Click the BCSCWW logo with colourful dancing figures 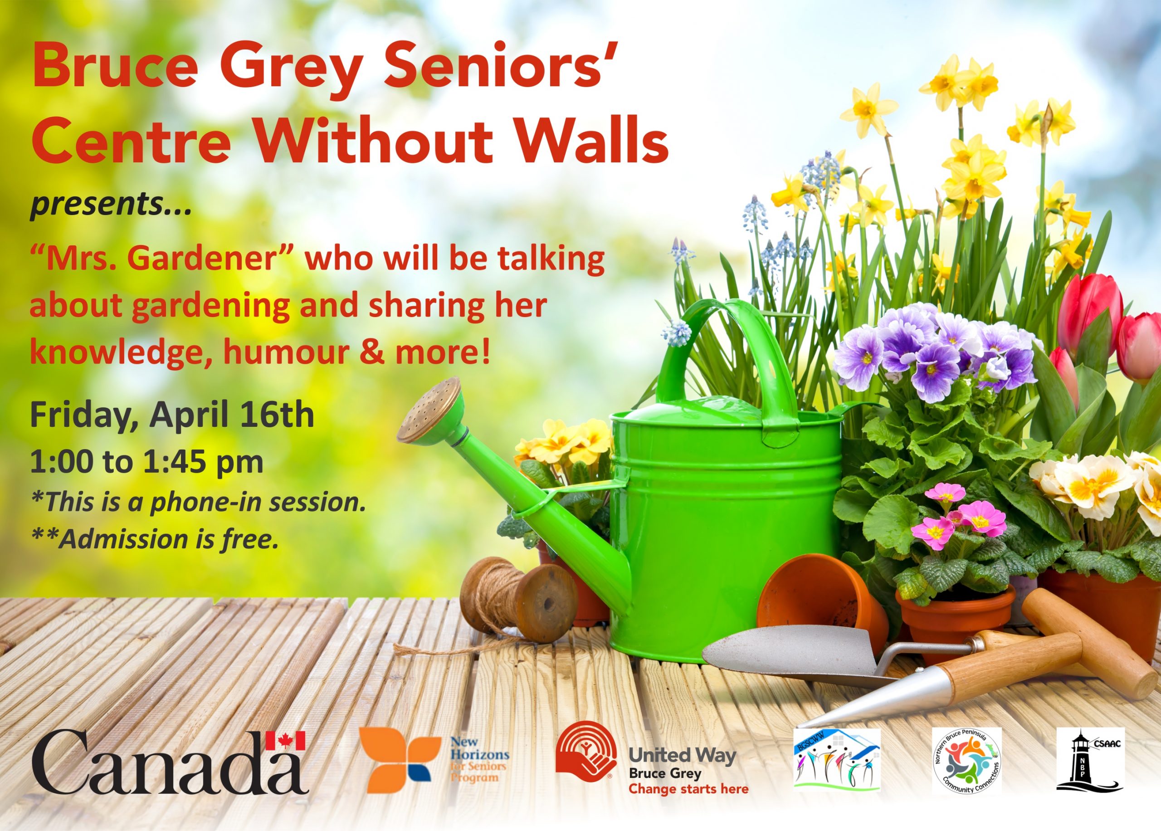click(x=837, y=759)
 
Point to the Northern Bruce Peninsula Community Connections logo click(x=966, y=760)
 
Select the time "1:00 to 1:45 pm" click(x=147, y=462)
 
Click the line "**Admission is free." click(x=156, y=539)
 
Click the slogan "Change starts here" click(x=688, y=789)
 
